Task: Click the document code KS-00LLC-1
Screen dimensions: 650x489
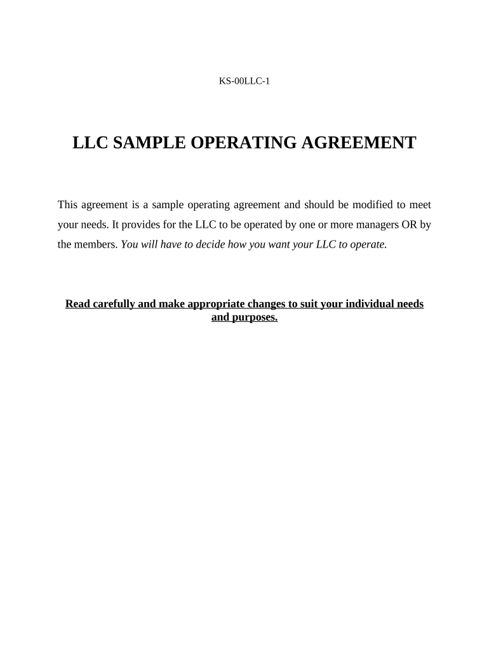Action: tap(245, 81)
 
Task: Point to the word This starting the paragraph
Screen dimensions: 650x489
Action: tap(68, 204)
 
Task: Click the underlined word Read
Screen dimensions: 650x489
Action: tap(77, 304)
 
